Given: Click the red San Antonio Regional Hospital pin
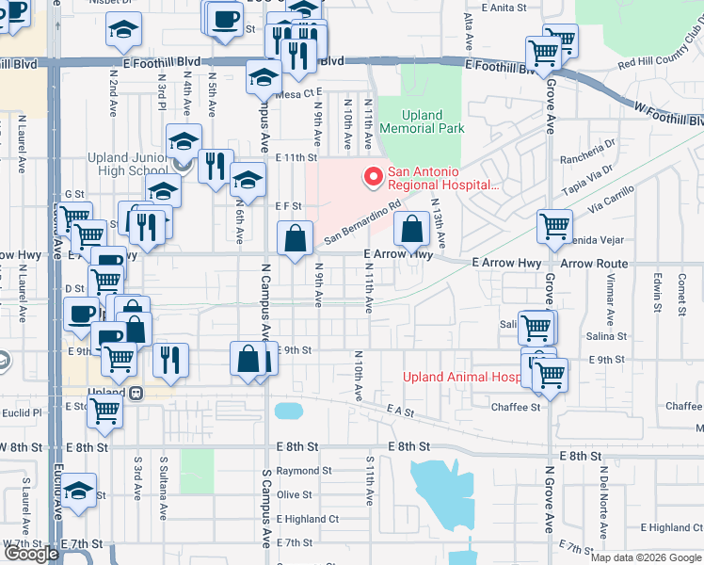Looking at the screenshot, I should point(374,176).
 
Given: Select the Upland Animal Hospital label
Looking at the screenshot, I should point(460,377).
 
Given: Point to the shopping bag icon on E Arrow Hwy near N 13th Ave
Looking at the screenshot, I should point(411,229).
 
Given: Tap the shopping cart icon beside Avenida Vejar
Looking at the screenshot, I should point(554,227).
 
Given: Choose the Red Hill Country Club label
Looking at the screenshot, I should point(660,61).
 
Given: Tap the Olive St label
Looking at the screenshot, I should point(294,494).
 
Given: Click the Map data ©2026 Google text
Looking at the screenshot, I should point(646,557).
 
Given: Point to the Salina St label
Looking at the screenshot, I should point(607,336).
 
